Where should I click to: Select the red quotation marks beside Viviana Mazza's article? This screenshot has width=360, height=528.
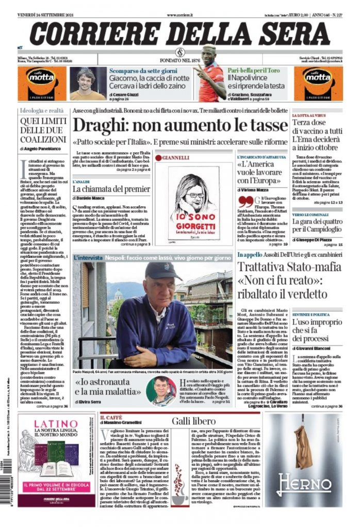[x=246, y=202]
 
